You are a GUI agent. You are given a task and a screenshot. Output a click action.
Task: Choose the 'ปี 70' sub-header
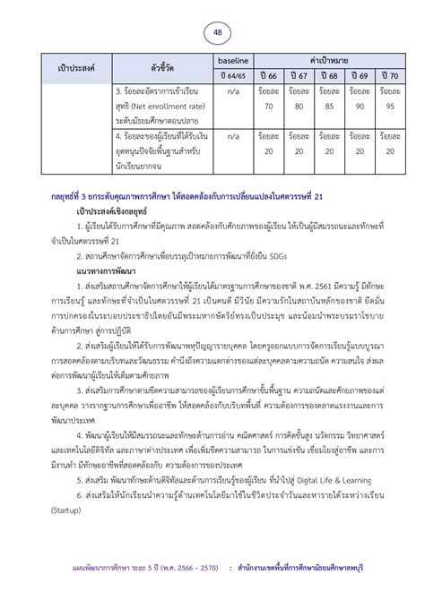[x=389, y=75]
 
